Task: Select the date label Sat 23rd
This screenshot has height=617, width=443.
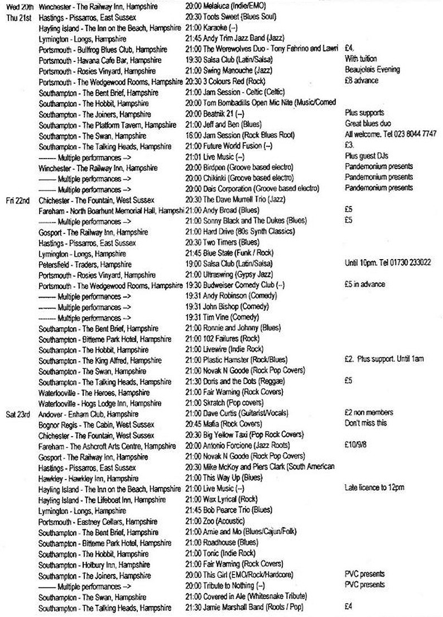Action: tap(17, 413)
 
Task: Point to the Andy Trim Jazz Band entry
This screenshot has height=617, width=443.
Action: tap(234, 39)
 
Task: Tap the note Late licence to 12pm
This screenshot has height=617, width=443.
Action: tap(374, 488)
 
